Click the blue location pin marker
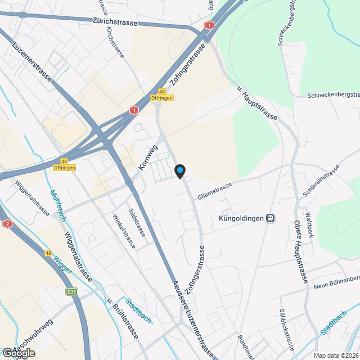click(180, 171)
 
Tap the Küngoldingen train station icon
click(271, 218)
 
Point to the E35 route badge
click(71, 292)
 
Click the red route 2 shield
click(7, 224)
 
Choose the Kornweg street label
click(147, 159)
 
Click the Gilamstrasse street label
click(214, 189)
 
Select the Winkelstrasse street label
click(124, 231)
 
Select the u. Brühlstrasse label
click(123, 318)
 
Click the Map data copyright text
click(336, 355)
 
